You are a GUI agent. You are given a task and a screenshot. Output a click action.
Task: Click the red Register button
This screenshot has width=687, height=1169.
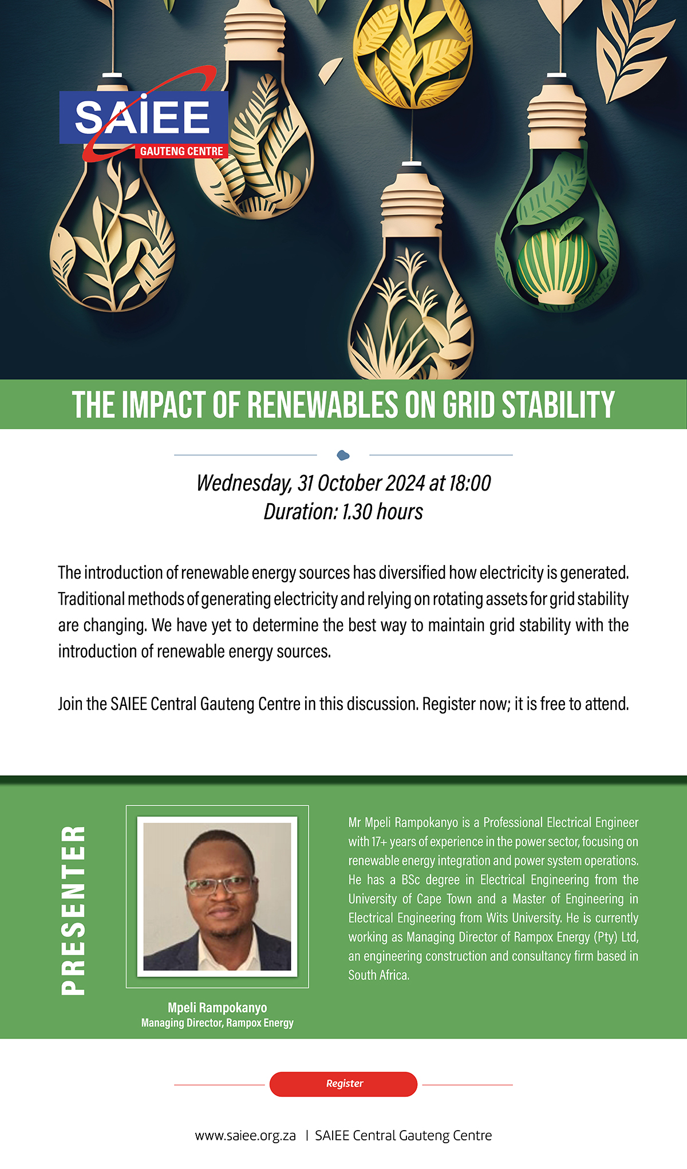(343, 1084)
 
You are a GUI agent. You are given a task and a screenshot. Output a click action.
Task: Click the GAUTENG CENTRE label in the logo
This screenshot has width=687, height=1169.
(181, 151)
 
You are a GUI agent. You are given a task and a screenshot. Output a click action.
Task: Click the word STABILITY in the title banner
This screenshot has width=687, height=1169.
(558, 405)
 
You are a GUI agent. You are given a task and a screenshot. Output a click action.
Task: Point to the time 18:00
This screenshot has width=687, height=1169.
(469, 483)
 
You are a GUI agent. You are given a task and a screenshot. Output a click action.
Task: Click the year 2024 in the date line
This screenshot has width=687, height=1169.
(405, 483)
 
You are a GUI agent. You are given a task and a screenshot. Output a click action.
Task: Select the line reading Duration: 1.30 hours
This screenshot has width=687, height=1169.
(343, 512)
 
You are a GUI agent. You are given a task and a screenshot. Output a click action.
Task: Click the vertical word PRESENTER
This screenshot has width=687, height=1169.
(74, 910)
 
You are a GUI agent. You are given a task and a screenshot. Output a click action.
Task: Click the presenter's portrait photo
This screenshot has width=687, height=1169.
(217, 897)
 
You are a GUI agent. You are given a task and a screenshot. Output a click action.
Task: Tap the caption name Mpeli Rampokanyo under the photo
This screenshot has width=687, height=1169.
(217, 1007)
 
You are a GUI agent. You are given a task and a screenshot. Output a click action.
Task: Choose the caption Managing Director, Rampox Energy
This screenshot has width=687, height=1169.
(217, 1022)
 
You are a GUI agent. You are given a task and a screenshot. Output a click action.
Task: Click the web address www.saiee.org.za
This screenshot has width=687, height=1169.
(246, 1135)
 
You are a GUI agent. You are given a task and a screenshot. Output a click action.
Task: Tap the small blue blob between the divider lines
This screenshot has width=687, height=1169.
(343, 455)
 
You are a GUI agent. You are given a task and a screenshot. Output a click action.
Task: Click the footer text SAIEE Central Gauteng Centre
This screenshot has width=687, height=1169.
(404, 1135)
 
